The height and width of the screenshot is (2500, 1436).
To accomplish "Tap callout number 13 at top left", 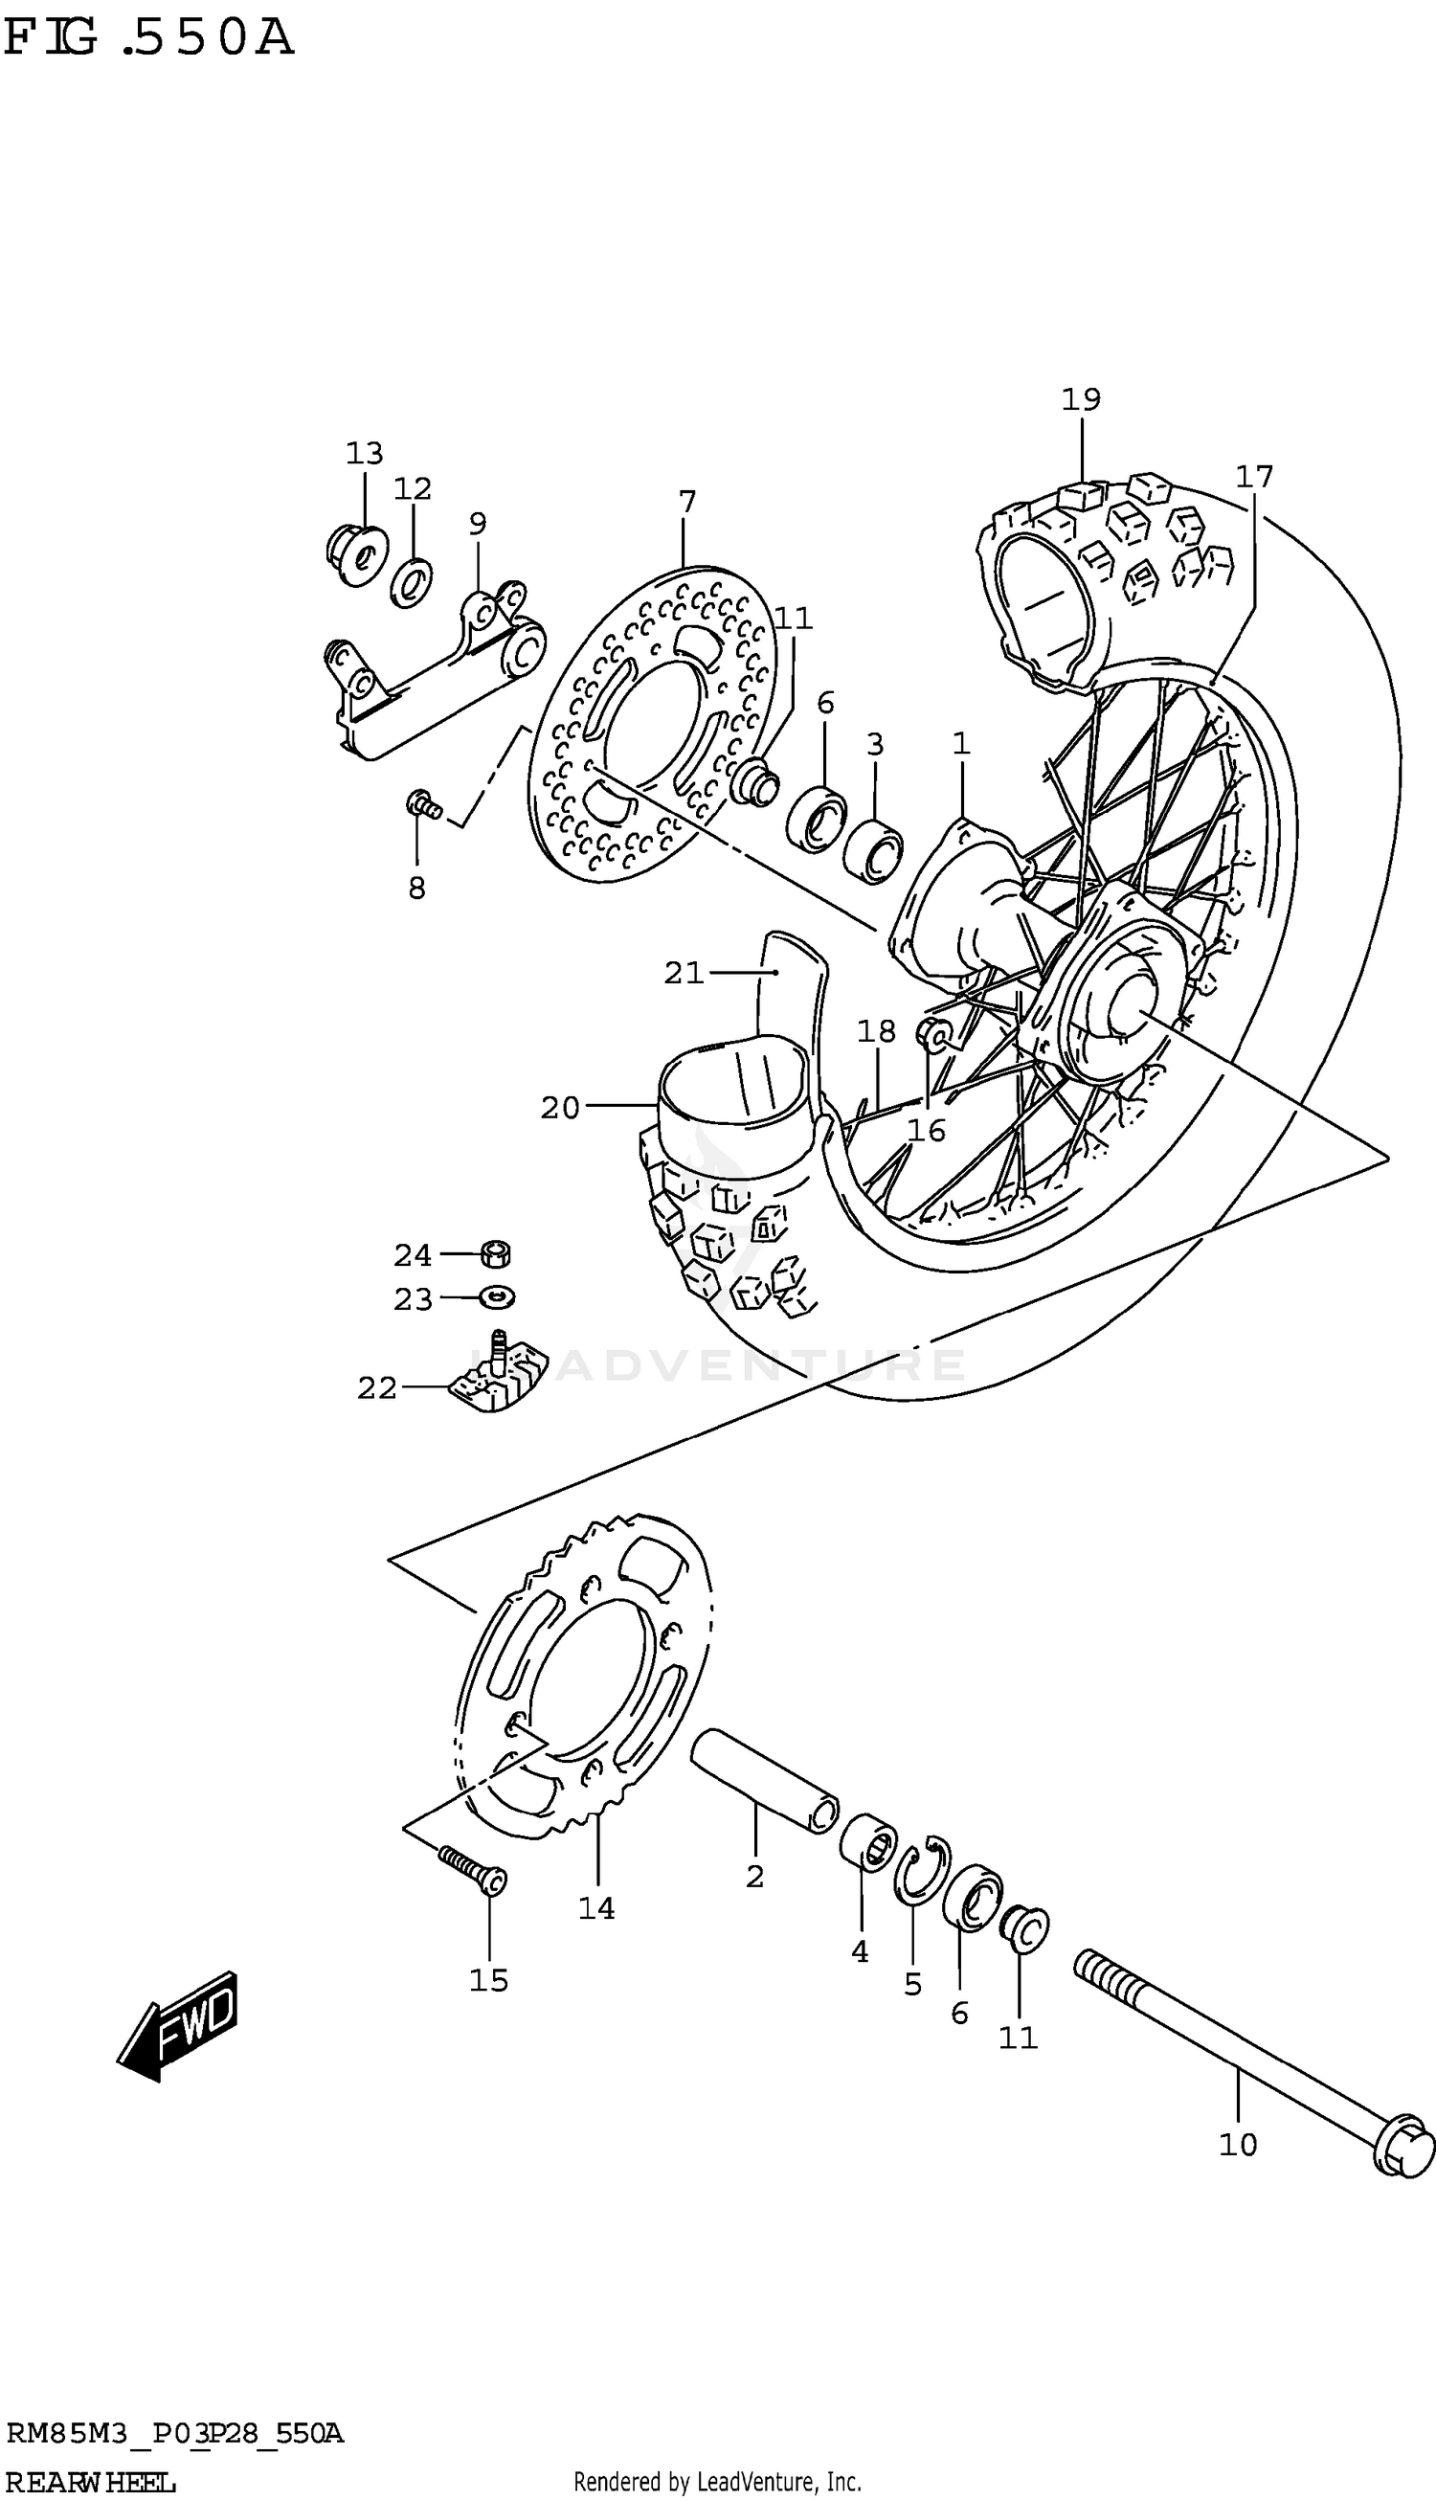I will [364, 454].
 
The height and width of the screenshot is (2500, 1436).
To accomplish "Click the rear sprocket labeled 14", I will [582, 1677].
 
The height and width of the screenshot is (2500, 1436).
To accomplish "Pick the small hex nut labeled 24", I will [496, 1254].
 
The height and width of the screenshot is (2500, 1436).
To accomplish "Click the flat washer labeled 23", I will [497, 1296].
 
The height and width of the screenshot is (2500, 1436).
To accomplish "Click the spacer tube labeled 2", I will [763, 1781].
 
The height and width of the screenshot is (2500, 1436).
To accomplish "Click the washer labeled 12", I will [412, 583].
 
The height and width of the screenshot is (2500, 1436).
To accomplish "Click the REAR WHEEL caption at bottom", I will [91, 2482].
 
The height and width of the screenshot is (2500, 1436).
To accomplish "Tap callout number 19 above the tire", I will [1081, 399].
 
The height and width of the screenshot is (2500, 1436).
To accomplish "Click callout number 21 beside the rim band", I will [684, 974].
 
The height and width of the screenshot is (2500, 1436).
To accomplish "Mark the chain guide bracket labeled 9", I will [434, 670].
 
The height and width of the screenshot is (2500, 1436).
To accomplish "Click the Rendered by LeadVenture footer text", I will [717, 2481].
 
